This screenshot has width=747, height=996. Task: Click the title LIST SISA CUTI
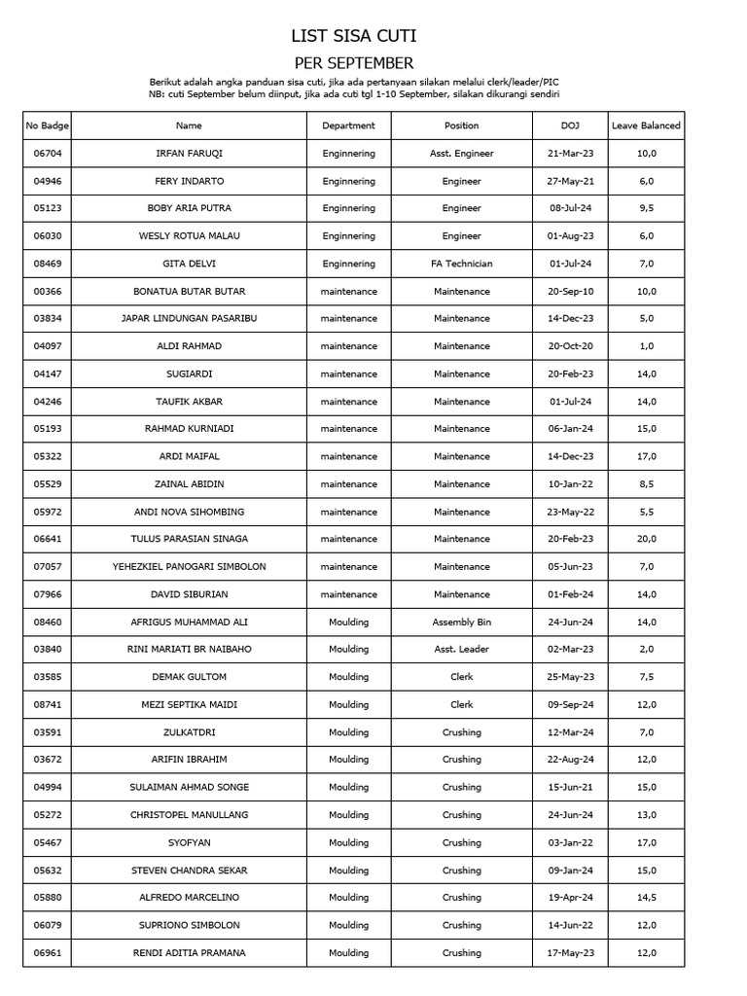coord(354,37)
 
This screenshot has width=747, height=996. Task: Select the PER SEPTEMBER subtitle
coord(354,63)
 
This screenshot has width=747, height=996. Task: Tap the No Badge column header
coord(47,125)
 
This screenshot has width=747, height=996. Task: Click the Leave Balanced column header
coord(646,125)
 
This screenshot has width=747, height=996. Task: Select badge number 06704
coord(47,154)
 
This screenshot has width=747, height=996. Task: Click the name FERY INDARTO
coord(189,181)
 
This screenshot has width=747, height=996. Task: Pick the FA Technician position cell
coord(461,264)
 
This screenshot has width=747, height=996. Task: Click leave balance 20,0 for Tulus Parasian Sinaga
coord(646,540)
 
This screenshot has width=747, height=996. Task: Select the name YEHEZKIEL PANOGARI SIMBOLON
coord(189,567)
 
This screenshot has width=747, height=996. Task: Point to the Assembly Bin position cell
coord(461,622)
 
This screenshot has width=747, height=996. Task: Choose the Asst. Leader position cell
coord(461,650)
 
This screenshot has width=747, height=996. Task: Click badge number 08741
coord(47,705)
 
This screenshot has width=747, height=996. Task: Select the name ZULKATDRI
coord(189,732)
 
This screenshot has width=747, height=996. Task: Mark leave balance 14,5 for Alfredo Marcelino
coord(646,898)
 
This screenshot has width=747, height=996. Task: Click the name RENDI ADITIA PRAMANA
coord(189,953)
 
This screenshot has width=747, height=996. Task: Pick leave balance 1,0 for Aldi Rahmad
coord(646,346)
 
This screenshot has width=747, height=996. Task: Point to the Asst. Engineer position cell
coord(461,154)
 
